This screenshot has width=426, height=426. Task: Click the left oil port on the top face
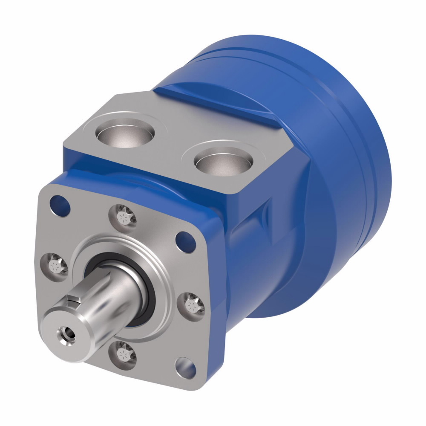pos(124,135)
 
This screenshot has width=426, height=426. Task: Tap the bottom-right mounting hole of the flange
pos(187,368)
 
